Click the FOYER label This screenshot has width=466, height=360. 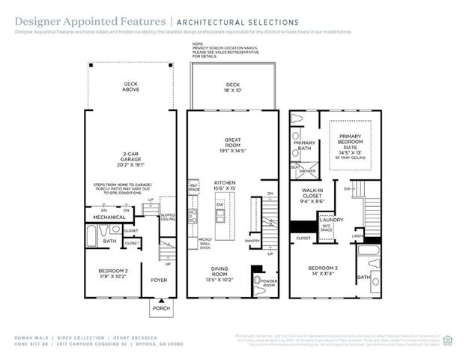[x=158, y=280]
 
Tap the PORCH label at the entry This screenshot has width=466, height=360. [x=161, y=307]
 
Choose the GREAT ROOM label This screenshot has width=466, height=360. [x=232, y=143]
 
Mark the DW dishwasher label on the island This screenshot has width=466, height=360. [x=220, y=204]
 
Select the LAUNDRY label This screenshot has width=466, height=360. [x=330, y=220]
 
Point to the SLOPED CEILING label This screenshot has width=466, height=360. [x=168, y=217]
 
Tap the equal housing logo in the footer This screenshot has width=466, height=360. [x=449, y=337]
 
